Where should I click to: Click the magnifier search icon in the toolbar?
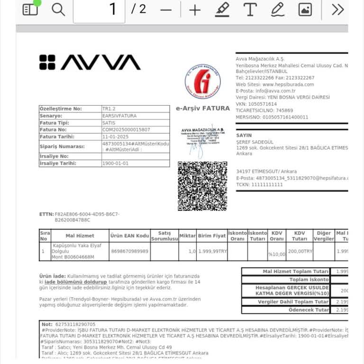pos(58,9)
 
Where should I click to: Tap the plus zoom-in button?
pos(195,10)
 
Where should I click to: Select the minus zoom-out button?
pos(166,10)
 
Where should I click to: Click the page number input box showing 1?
pos(99,10)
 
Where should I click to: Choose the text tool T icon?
pos(250,9)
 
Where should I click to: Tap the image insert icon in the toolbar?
pos(305,9)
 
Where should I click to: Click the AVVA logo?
pos(90,62)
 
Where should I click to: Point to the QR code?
pos(202,186)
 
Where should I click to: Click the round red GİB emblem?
pos(202,81)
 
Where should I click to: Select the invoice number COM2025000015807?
pos(126,129)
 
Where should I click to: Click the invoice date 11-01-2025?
pos(116,136)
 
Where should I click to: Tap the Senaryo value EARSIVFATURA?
pos(119,116)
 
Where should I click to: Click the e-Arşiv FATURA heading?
pos(202,108)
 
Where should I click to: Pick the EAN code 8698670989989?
pos(129,251)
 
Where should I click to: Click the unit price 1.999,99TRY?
pos(212,251)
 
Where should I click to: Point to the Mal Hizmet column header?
pos(80,236)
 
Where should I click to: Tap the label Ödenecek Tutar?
pos(309,310)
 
